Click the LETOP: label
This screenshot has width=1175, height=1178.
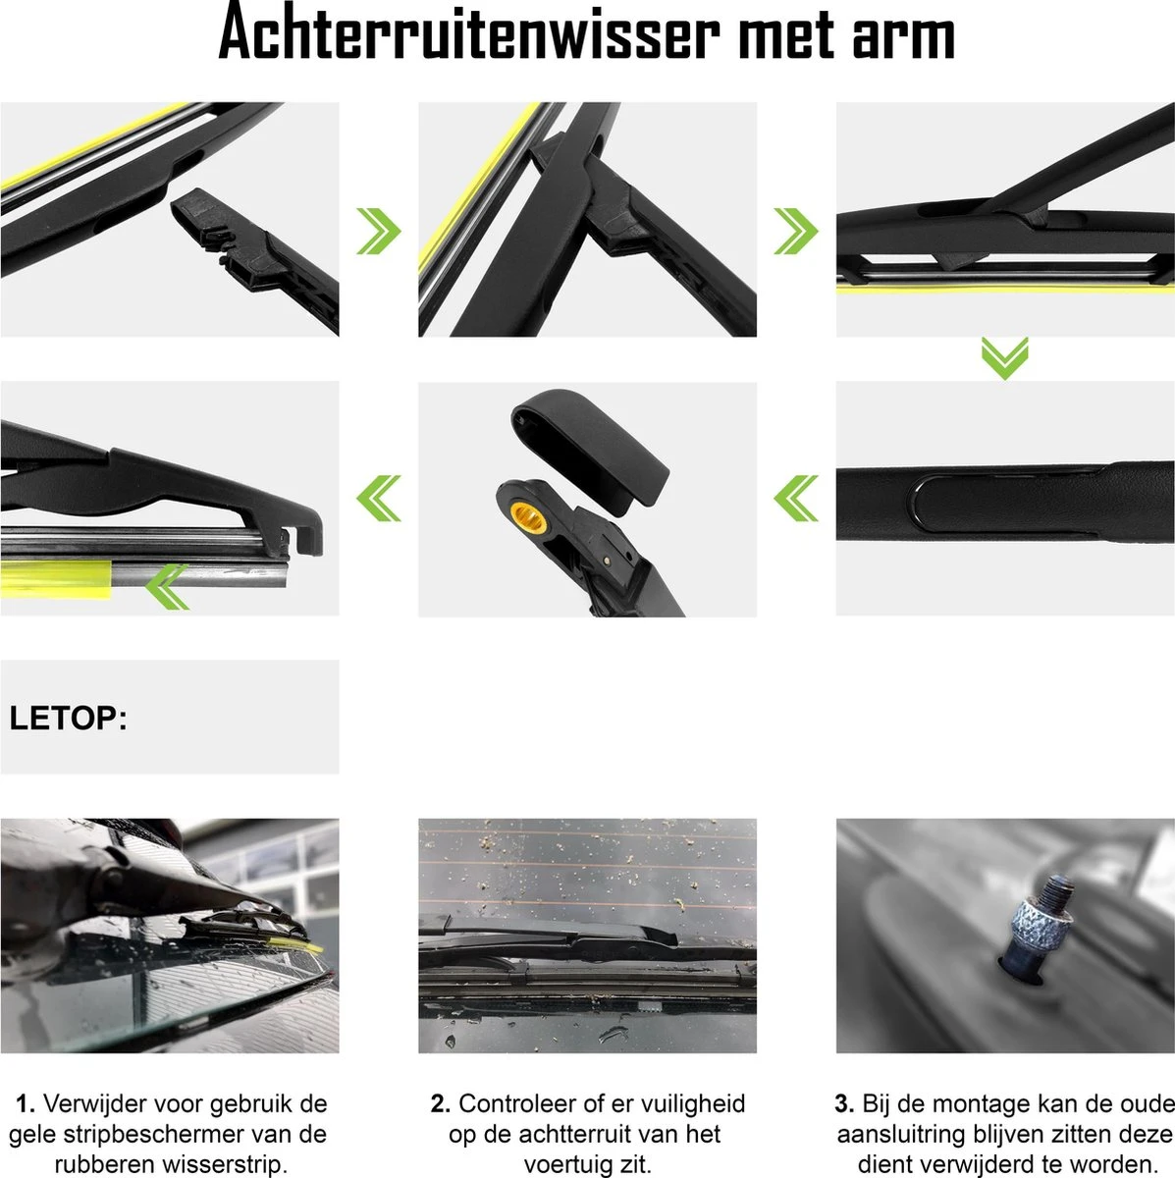pyautogui.click(x=69, y=718)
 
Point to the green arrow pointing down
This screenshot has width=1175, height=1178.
pyautogui.click(x=1004, y=359)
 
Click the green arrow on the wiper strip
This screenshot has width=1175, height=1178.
pyautogui.click(x=167, y=587)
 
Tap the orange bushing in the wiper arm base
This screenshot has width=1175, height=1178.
pyautogui.click(x=528, y=517)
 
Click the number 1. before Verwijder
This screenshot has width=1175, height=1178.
pyautogui.click(x=26, y=1104)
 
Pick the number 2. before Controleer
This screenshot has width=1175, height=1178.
pyautogui.click(x=441, y=1104)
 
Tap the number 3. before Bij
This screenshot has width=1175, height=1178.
pyautogui.click(x=845, y=1104)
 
